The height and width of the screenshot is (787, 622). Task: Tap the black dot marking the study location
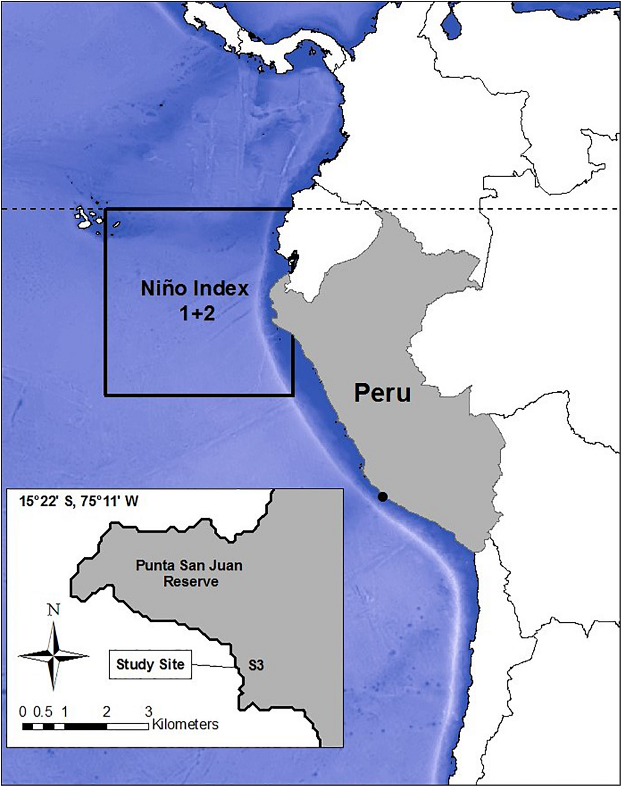382,496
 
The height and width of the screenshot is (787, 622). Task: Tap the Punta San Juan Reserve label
189,573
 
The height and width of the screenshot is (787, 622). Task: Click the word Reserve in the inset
191,581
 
